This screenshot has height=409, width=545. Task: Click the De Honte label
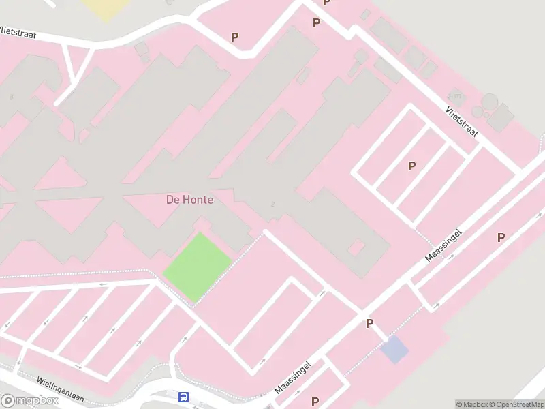click(x=189, y=200)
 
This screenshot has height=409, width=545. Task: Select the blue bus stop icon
click(x=183, y=397)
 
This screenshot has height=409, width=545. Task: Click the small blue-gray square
click(x=394, y=350)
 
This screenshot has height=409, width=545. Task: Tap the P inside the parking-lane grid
click(x=411, y=166)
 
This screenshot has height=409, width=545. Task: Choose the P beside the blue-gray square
click(x=369, y=324)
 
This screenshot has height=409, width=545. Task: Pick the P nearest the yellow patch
click(x=235, y=37)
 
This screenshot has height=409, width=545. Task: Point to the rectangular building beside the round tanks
click(x=502, y=117)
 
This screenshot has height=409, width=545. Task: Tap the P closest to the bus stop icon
click(x=315, y=402)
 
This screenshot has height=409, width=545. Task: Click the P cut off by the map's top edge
click(x=326, y=3)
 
